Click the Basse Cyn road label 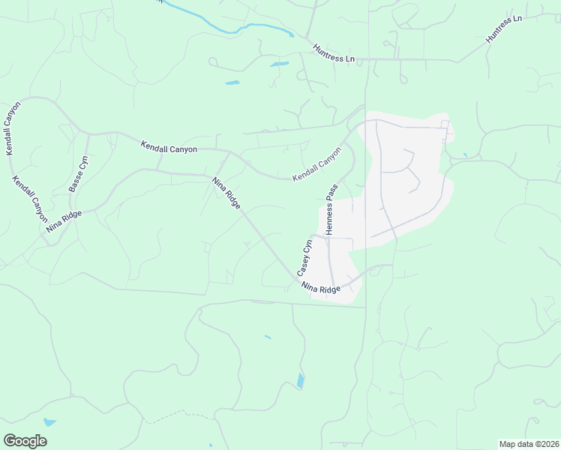[x=79, y=173]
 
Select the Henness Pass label [x=331, y=211]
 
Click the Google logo [x=25, y=441]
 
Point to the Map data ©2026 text [x=528, y=444]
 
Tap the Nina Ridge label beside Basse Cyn [x=63, y=220]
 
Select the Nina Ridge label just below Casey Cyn [x=321, y=288]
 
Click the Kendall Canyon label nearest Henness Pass [x=316, y=163]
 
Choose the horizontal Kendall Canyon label [x=169, y=149]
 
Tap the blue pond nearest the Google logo [x=49, y=422]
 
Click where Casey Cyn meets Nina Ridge [x=297, y=279]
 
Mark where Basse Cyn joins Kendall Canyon [x=88, y=134]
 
